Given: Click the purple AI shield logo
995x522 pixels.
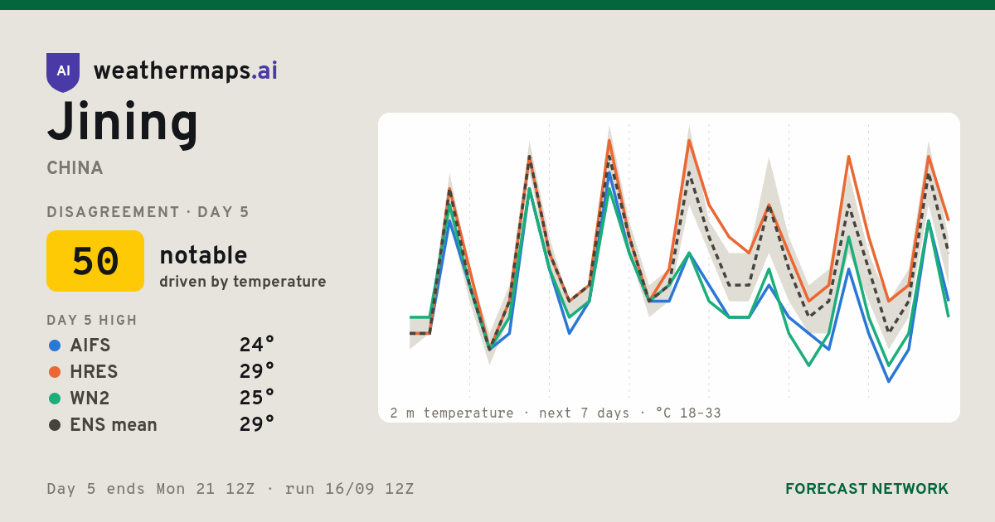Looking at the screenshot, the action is pos(63,72).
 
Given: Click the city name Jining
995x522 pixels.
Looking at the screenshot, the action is pos(122,123).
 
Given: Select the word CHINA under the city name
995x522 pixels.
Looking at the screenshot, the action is pos(75,168).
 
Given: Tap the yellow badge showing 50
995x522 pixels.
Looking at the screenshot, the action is pos(95,261).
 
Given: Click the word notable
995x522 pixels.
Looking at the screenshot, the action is pos(203,255).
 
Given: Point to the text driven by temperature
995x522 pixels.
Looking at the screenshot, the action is pos(242,282).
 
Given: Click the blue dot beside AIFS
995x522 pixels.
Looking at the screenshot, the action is pos(55,346).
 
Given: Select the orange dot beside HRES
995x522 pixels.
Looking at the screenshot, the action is pos(55,372).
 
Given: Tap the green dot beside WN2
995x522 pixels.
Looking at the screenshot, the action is pos(55,399).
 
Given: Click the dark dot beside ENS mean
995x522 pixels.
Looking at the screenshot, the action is pos(55,425).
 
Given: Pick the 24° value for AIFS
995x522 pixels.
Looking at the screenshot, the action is pos(257,345).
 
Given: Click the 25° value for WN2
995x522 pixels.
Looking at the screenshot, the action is pos(257,398).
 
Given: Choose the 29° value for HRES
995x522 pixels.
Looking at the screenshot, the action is pos(257,371).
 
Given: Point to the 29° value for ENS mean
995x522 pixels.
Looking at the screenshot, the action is pos(257,424).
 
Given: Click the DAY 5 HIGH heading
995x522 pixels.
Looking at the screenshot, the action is pos(92,320).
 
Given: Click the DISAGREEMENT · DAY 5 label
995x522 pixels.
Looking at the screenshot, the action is pos(148,212).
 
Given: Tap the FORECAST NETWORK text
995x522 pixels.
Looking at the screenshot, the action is pos(866,489).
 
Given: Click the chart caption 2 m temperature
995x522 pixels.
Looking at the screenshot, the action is pos(451,413).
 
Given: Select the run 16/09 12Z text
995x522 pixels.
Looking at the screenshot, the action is pos(349,489).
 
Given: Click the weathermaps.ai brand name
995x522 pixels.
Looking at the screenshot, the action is pos(186,71).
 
